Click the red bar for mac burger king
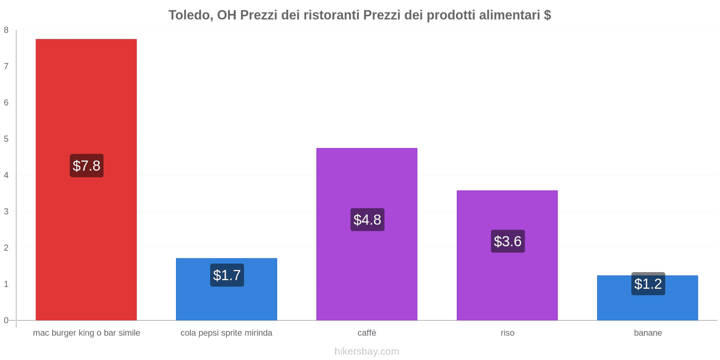[86, 99]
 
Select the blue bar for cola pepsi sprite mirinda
[226, 301]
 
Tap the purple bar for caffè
[367, 180]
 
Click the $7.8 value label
[86, 166]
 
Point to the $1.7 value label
[227, 275]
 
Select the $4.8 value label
[367, 220]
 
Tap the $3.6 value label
[508, 241]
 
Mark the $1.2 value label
[648, 284]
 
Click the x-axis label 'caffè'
[367, 333]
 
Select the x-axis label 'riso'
[507, 333]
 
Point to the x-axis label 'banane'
[648, 333]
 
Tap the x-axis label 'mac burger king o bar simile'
[86, 333]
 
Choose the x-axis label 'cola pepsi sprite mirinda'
[226, 333]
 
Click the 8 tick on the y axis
[6, 30]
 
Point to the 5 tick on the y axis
[6, 139]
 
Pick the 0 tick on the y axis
[6, 320]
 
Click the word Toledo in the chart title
[189, 15]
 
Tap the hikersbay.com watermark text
[367, 351]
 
